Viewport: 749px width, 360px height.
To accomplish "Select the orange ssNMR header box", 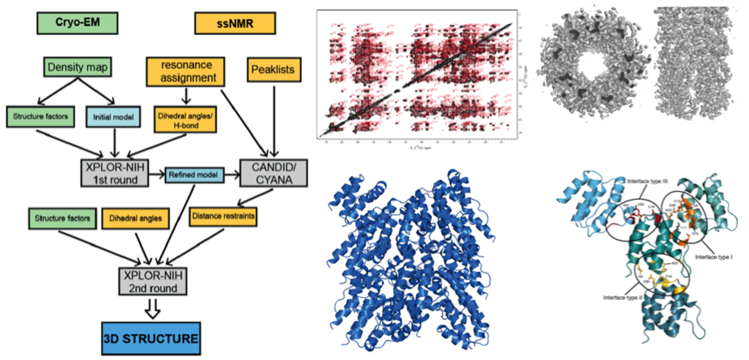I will pyautogui.click(x=234, y=24).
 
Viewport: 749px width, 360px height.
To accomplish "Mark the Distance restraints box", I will pyautogui.click(x=223, y=216).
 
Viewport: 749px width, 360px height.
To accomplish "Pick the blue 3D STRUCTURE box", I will pyautogui.click(x=150, y=339).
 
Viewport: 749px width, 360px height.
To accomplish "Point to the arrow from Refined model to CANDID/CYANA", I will pyautogui.click(x=232, y=175).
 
